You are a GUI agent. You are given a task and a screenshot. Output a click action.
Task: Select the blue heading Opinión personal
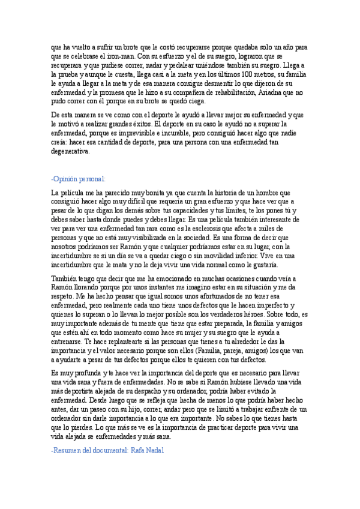[79, 179]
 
